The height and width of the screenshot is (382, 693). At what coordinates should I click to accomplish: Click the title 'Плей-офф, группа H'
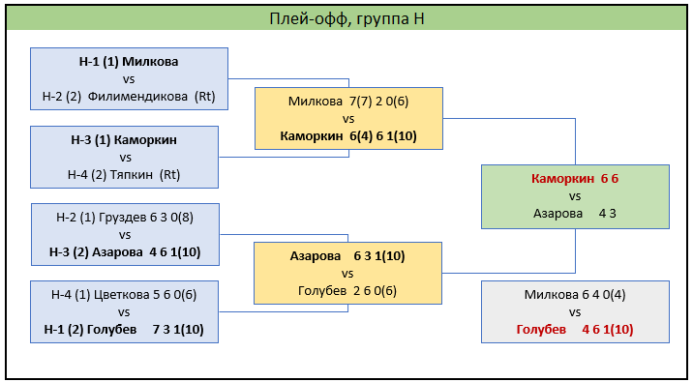346,19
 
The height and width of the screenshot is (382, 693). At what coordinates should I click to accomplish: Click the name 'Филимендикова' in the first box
137,97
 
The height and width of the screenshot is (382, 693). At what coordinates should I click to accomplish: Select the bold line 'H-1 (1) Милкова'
129,62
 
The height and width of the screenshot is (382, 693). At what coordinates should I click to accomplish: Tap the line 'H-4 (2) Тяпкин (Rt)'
124,175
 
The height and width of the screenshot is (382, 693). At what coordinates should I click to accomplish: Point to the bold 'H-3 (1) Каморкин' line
124,140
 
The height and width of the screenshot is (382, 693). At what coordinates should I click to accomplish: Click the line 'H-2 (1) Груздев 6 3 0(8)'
125,218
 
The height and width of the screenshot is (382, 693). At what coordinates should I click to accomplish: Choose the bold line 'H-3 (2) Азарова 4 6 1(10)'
125,252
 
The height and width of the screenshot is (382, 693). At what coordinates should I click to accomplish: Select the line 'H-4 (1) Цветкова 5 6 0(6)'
124,295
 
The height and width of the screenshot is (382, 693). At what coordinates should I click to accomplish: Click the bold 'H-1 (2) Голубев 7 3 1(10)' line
124,330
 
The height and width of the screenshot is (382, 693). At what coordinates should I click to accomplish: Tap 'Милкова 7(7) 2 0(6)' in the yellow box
348,102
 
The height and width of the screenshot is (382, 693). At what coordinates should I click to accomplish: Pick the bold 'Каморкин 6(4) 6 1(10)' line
348,136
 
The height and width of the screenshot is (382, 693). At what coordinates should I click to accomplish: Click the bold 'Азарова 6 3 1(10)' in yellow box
347,256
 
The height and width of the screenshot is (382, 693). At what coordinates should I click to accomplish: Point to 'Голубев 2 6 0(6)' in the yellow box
347,290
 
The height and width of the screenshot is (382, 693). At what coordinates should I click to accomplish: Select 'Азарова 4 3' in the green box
575,214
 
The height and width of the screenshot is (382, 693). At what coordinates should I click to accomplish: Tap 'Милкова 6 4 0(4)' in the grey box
575,295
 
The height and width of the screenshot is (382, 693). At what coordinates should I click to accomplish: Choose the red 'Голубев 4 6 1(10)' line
575,330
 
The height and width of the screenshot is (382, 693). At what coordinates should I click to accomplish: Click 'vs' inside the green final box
575,196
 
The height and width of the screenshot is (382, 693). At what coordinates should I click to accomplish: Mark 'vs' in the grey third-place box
575,312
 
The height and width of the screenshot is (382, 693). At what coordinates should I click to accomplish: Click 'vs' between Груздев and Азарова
125,235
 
